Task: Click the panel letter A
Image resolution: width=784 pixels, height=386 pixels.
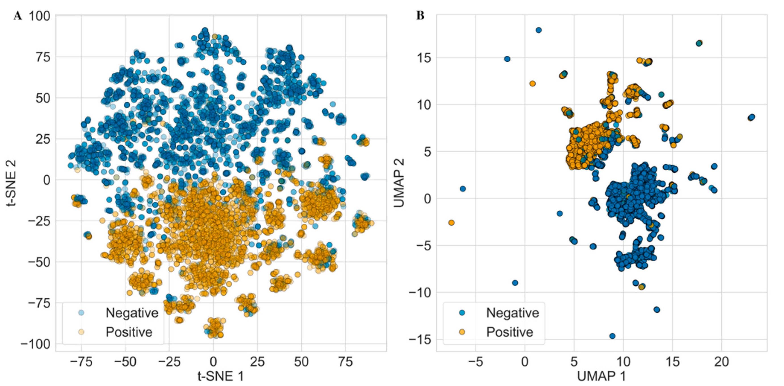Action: [x=18, y=16]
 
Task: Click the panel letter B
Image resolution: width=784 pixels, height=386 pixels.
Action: [x=420, y=16]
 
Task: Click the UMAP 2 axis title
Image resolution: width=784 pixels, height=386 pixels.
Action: [x=399, y=183]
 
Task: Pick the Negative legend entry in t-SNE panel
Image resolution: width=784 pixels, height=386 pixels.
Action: [x=131, y=313]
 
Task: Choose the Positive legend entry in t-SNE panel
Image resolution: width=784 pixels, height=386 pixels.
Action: [x=129, y=332]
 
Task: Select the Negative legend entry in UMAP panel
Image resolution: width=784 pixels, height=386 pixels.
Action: [x=512, y=313]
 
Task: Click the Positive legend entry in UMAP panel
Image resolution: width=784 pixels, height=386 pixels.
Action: [x=509, y=332]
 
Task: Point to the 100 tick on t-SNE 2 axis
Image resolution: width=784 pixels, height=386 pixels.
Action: [x=40, y=16]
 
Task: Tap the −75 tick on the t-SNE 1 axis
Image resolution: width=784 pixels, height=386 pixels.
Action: [x=81, y=362]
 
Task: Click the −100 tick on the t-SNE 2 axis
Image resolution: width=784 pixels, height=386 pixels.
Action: [x=36, y=344]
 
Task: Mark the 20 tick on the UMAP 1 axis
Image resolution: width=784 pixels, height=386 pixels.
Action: [x=722, y=362]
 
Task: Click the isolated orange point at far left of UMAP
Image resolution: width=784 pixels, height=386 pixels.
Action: [x=451, y=223]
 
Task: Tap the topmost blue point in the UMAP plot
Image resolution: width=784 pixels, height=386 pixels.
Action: [x=538, y=30]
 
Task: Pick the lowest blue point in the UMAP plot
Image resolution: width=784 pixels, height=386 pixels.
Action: [x=612, y=336]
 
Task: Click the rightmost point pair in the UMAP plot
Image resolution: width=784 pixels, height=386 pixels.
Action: [x=751, y=117]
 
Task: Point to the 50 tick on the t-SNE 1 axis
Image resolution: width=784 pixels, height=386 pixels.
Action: [x=301, y=362]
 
